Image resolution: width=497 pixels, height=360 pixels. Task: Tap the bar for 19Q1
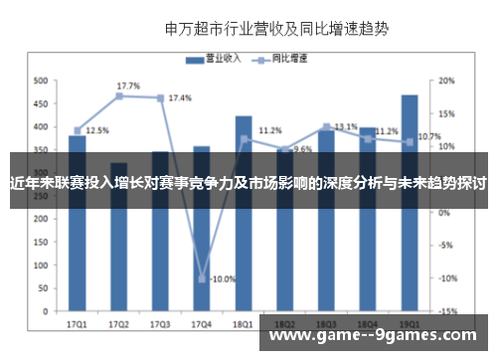point(410,209)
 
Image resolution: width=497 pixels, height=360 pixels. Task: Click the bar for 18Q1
point(244,219)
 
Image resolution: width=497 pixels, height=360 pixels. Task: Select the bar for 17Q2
point(118,239)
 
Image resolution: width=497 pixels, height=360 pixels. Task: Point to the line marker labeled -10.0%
point(202,278)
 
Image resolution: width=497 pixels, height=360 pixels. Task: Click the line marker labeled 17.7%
point(118,95)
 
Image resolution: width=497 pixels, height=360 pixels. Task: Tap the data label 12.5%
point(97,130)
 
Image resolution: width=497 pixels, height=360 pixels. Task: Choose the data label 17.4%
point(180,98)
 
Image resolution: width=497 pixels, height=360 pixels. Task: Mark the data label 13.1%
point(346,127)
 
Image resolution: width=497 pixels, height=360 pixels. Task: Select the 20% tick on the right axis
point(447,81)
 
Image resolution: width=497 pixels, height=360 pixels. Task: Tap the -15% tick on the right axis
point(447,311)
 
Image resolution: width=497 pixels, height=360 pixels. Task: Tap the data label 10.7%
point(429,137)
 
